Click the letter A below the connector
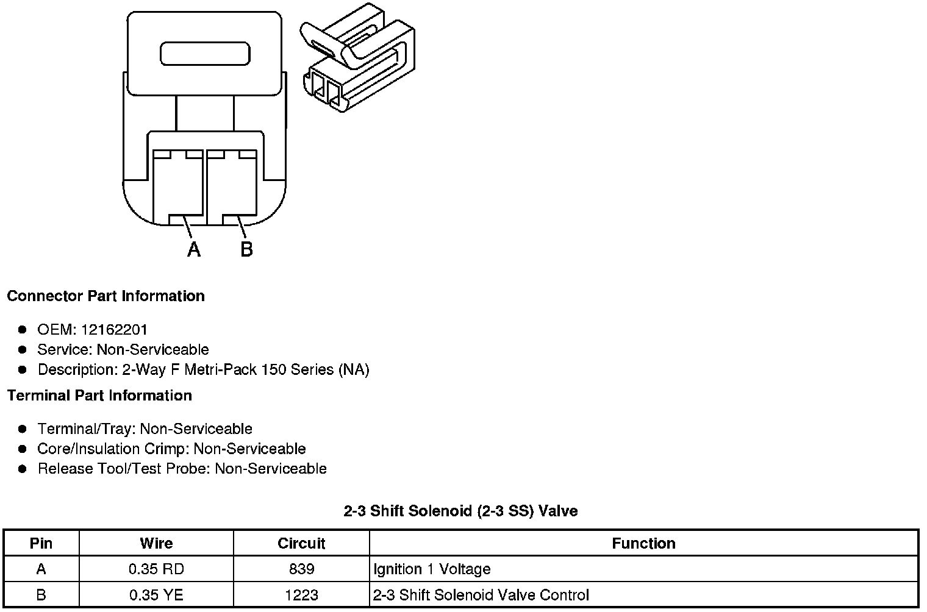point(194,249)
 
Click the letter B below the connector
point(246,249)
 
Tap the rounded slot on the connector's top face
point(205,54)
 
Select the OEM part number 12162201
point(114,330)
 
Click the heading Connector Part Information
point(106,296)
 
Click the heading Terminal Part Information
point(99,396)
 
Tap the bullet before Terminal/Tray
point(23,429)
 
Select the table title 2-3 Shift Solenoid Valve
point(460,511)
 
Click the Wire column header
point(156,543)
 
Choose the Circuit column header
point(301,543)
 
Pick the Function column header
point(643,543)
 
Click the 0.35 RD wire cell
point(156,569)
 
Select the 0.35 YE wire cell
point(156,595)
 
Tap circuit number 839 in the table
point(301,569)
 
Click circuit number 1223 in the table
point(301,595)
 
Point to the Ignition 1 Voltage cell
point(432,569)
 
